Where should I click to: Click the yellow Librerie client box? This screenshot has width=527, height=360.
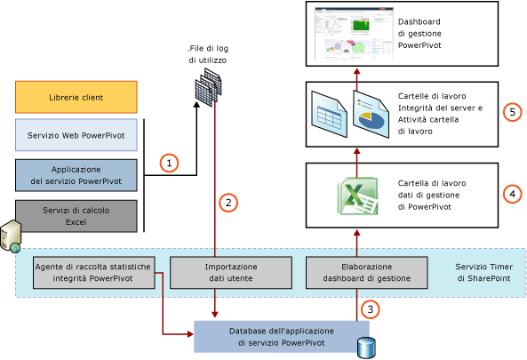coord(76,96)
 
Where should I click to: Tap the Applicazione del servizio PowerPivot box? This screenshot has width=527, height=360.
coord(76,175)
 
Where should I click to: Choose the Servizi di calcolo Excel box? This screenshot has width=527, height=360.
coord(76,214)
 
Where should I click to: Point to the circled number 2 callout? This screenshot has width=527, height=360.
coord(228,203)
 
